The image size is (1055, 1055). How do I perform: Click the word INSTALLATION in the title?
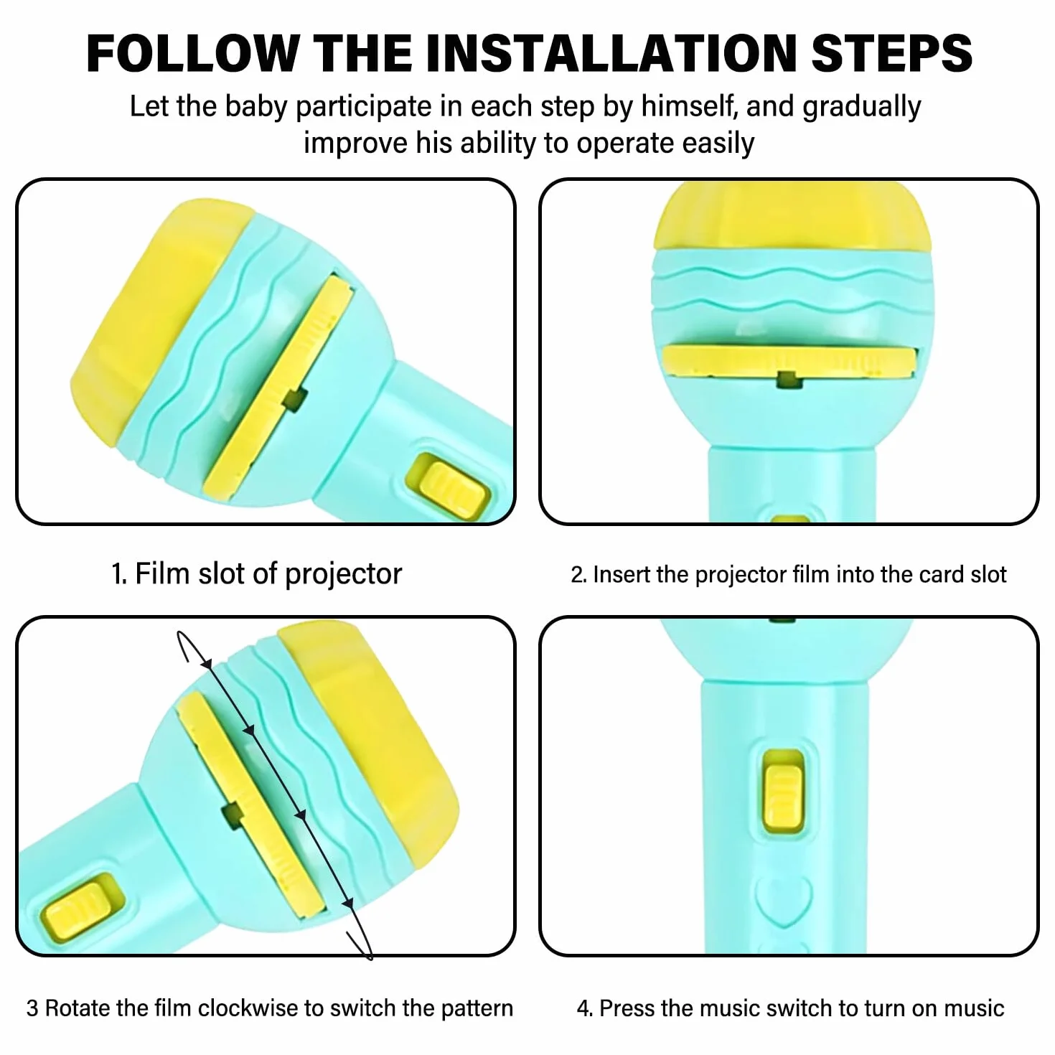point(611,53)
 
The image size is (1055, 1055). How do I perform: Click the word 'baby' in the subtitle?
point(255,108)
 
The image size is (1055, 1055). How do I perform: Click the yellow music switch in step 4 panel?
point(784,796)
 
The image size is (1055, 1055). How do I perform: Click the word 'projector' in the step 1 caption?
point(343,574)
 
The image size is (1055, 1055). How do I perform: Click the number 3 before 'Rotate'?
point(33,1008)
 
